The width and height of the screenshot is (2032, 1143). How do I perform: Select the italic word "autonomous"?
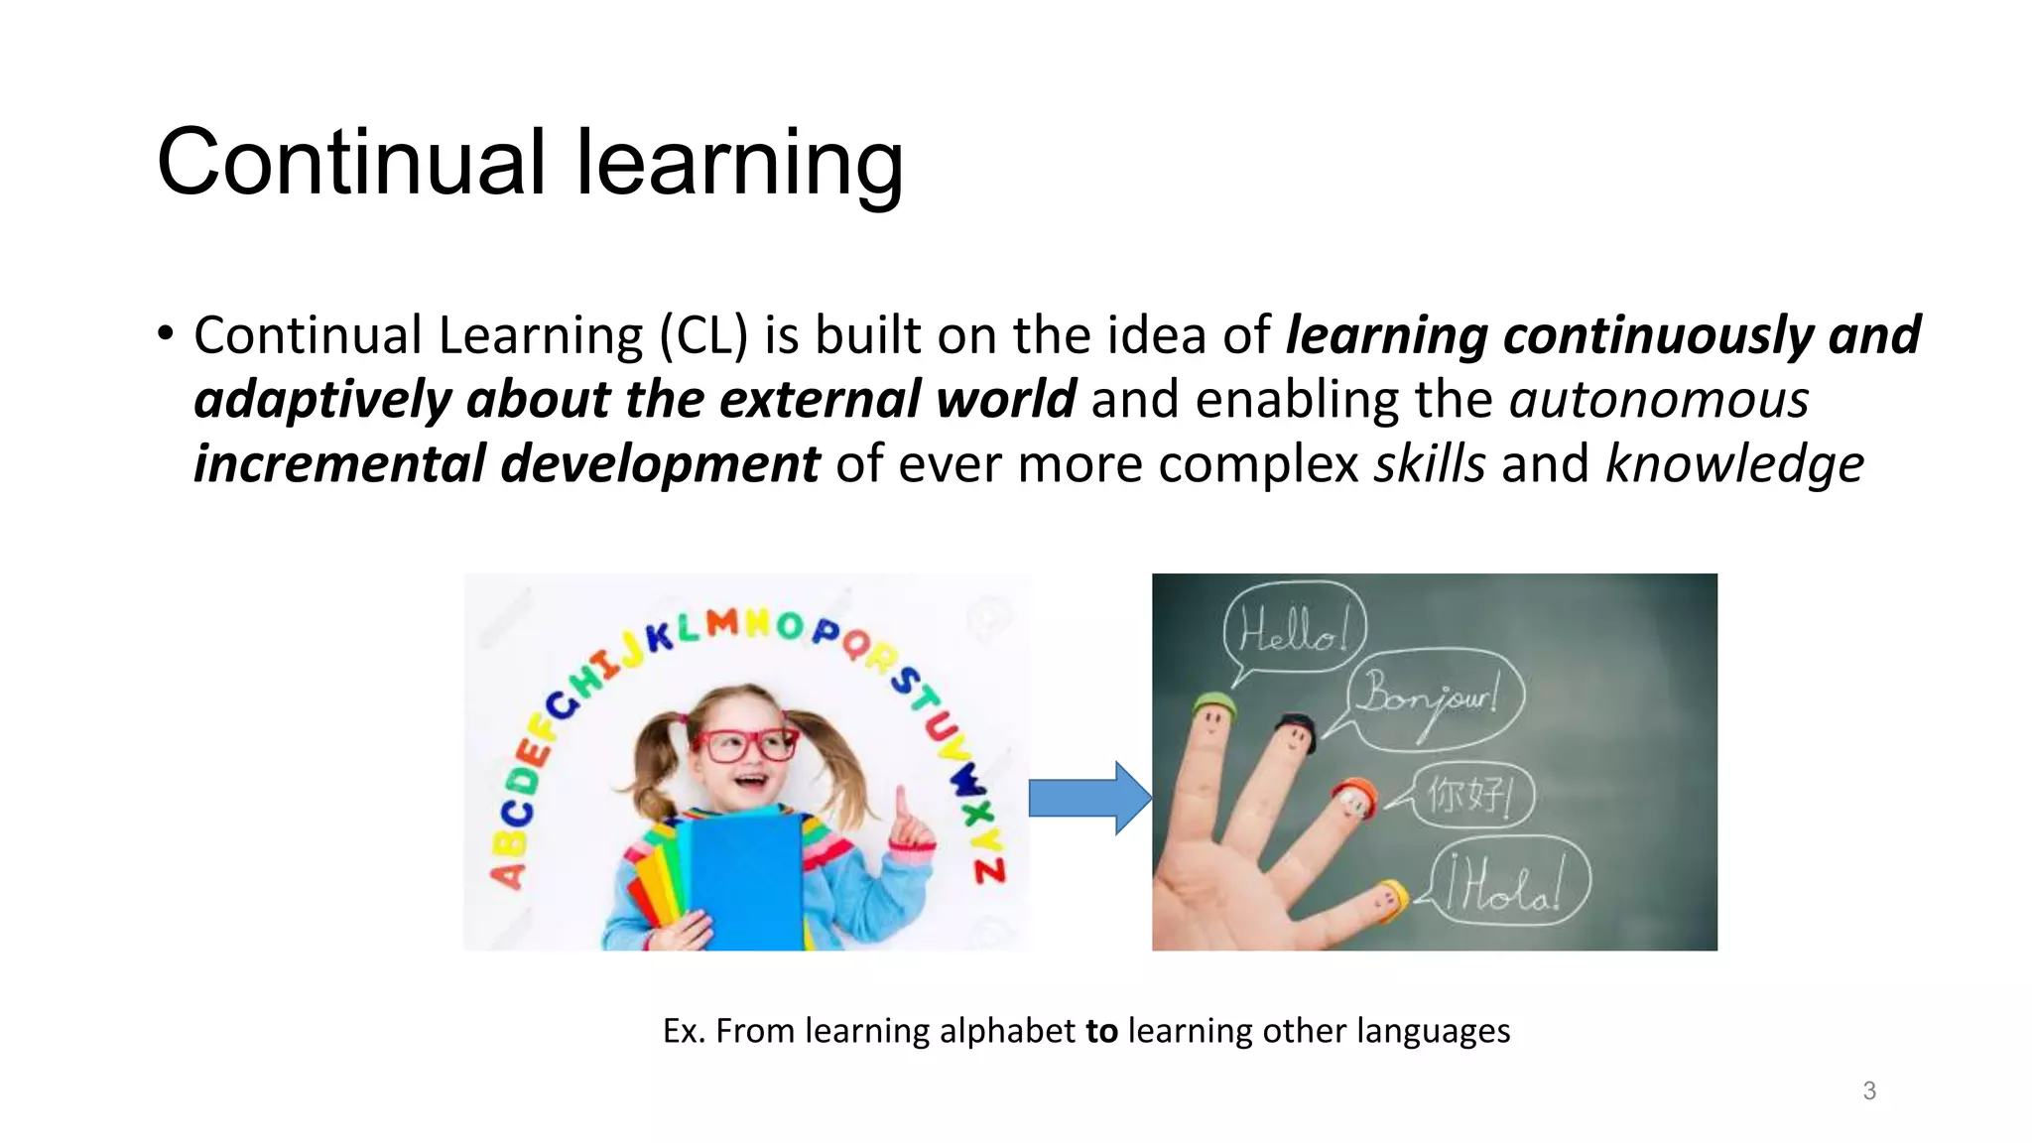[x=1659, y=400]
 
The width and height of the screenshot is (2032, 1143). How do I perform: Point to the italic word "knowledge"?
[x=1734, y=464]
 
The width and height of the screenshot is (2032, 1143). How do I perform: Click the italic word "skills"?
[x=1429, y=464]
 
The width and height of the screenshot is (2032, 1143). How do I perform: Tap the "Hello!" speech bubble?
[x=1295, y=629]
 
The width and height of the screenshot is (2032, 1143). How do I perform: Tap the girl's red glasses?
[x=745, y=744]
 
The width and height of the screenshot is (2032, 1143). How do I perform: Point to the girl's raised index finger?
[x=902, y=802]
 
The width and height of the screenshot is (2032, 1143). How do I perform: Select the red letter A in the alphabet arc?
[x=507, y=874]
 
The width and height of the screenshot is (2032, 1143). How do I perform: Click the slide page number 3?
[x=1869, y=1090]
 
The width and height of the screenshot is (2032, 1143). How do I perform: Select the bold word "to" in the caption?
[x=1101, y=1031]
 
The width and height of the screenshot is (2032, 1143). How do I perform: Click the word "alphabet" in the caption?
[x=1007, y=1031]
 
